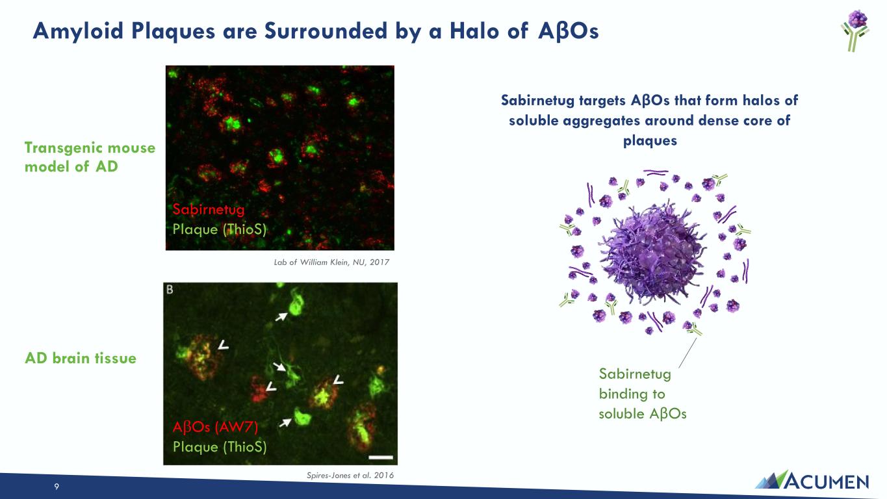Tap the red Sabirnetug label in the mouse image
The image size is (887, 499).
tap(209, 209)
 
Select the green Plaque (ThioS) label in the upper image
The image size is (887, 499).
tap(220, 229)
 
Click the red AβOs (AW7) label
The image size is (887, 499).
tap(216, 427)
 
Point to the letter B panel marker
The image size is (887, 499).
tap(170, 290)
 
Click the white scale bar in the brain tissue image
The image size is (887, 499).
tap(381, 457)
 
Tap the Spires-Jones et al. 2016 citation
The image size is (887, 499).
tap(350, 475)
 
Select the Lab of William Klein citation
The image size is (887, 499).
tap(331, 262)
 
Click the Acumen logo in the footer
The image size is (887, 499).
tap(812, 480)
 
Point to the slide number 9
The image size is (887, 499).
tap(57, 486)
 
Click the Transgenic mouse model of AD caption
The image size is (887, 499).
tap(90, 157)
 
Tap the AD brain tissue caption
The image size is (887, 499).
tap(81, 358)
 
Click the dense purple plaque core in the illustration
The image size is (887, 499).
tap(653, 253)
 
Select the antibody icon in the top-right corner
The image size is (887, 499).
tap(855, 31)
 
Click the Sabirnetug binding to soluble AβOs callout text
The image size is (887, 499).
tap(642, 394)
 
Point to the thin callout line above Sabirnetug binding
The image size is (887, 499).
tap(688, 353)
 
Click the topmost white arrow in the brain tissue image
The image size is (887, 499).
tap(281, 316)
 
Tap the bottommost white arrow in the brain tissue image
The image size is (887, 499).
tap(285, 422)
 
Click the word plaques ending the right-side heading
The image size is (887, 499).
tap(650, 140)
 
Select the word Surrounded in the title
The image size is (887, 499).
tap(326, 31)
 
